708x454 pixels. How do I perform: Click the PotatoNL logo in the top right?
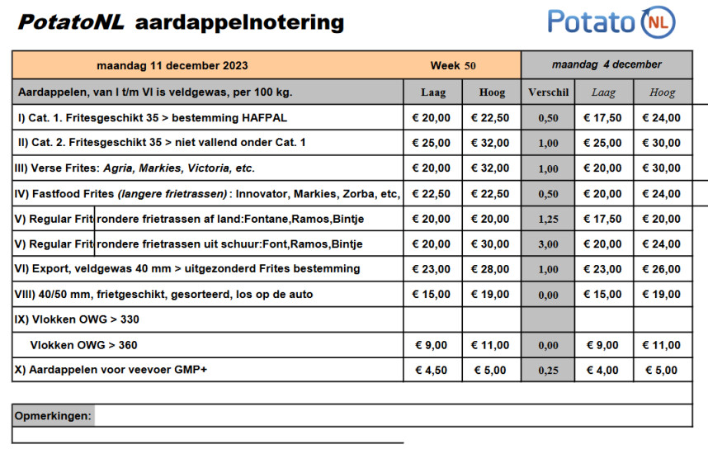click(611, 21)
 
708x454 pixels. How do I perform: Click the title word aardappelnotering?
click(238, 22)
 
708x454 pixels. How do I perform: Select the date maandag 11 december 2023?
click(172, 65)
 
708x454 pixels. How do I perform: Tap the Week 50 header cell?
click(453, 65)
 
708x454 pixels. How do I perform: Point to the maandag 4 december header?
click(607, 64)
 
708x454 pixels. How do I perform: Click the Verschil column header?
click(548, 92)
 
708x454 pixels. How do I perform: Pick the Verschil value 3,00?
click(548, 244)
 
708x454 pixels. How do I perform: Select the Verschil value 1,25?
click(548, 219)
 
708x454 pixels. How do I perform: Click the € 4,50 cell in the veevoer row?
click(432, 370)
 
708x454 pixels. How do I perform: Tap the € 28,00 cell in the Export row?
click(490, 269)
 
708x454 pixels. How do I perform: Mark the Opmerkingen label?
click(53, 415)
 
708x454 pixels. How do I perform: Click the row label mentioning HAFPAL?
click(153, 118)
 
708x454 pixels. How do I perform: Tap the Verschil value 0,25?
click(548, 371)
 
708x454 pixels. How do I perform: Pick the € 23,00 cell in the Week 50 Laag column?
click(432, 269)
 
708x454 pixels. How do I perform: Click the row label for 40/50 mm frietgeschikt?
click(163, 295)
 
